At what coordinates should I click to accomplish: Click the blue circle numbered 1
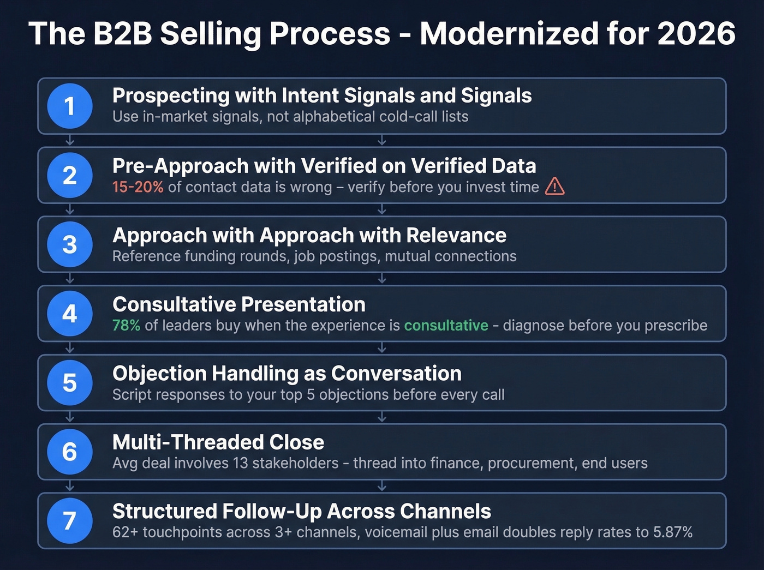click(x=69, y=106)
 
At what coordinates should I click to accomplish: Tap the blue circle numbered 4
click(x=69, y=314)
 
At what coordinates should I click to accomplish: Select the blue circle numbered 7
click(x=69, y=521)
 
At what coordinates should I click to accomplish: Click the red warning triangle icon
click(x=554, y=187)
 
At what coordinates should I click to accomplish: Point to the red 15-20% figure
click(x=138, y=187)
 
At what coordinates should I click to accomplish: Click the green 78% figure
click(x=126, y=326)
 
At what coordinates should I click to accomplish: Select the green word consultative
click(x=446, y=326)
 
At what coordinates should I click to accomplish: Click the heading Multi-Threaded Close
click(x=218, y=442)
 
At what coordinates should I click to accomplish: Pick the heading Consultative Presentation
click(x=239, y=304)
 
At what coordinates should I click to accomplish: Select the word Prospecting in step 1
click(x=171, y=96)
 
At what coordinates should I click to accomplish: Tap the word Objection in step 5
click(x=159, y=374)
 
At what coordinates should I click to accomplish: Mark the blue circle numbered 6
click(x=69, y=452)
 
